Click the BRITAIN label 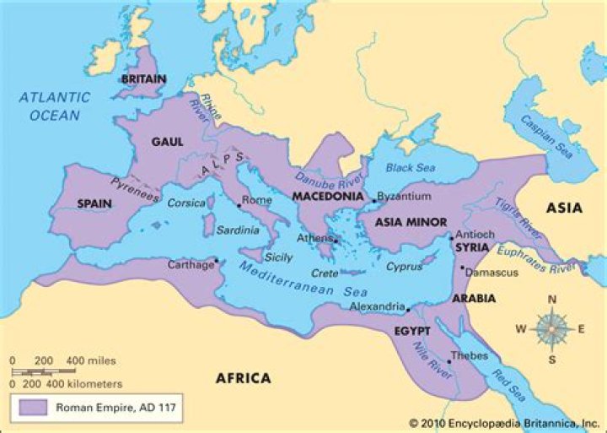(x=143, y=79)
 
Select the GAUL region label (x=167, y=142)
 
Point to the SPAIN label (x=94, y=203)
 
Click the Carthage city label (x=190, y=264)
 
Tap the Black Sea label (x=413, y=169)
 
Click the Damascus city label (x=493, y=273)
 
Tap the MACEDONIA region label (x=327, y=196)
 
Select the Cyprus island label (x=404, y=267)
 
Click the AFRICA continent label (x=243, y=378)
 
